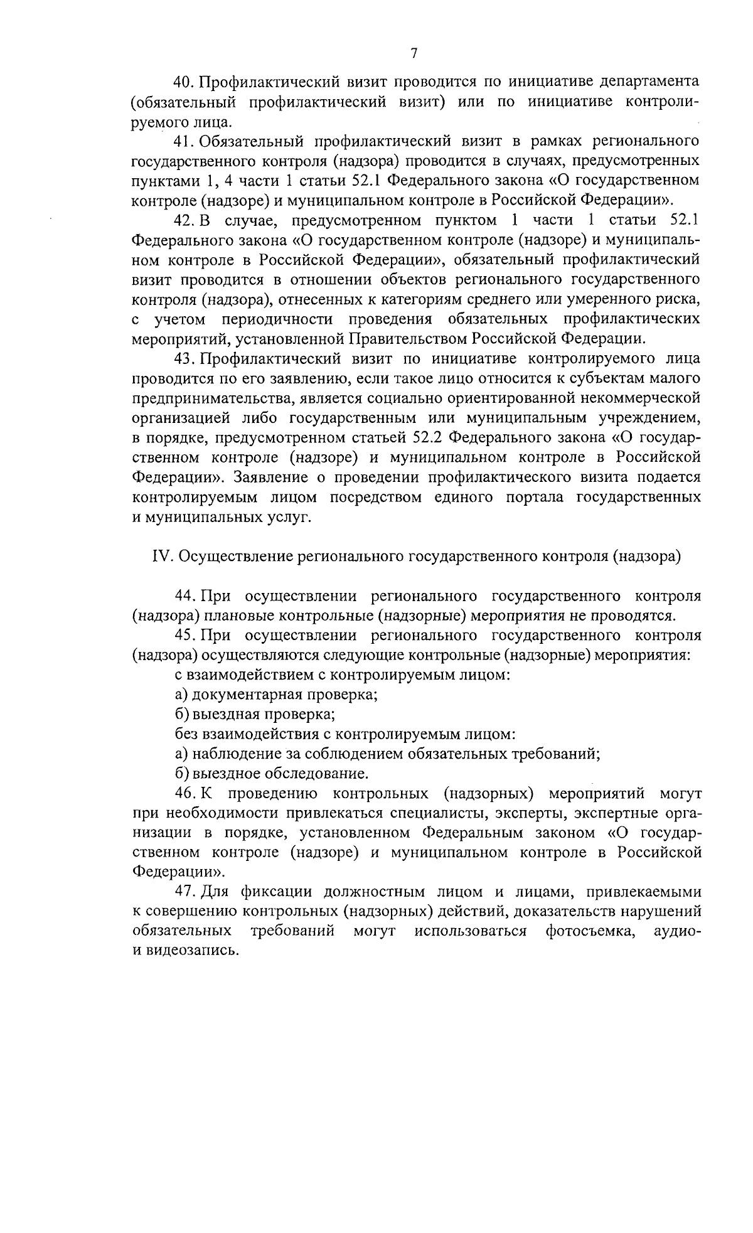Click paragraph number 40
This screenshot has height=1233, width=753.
[184, 82]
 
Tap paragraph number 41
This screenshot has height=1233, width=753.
[184, 141]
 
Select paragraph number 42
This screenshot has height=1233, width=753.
[184, 220]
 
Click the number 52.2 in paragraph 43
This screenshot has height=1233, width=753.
[427, 438]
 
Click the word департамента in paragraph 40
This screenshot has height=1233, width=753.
[650, 82]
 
